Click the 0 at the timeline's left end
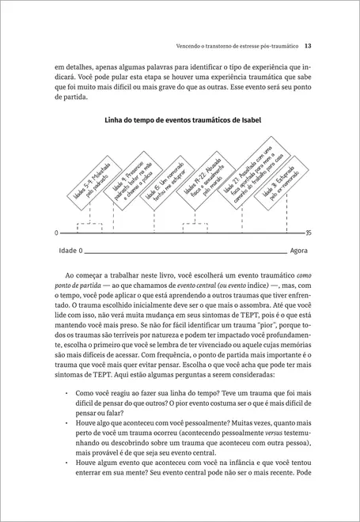pos(56,233)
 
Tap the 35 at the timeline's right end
pos(307,233)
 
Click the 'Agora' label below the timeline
pos(299,251)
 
